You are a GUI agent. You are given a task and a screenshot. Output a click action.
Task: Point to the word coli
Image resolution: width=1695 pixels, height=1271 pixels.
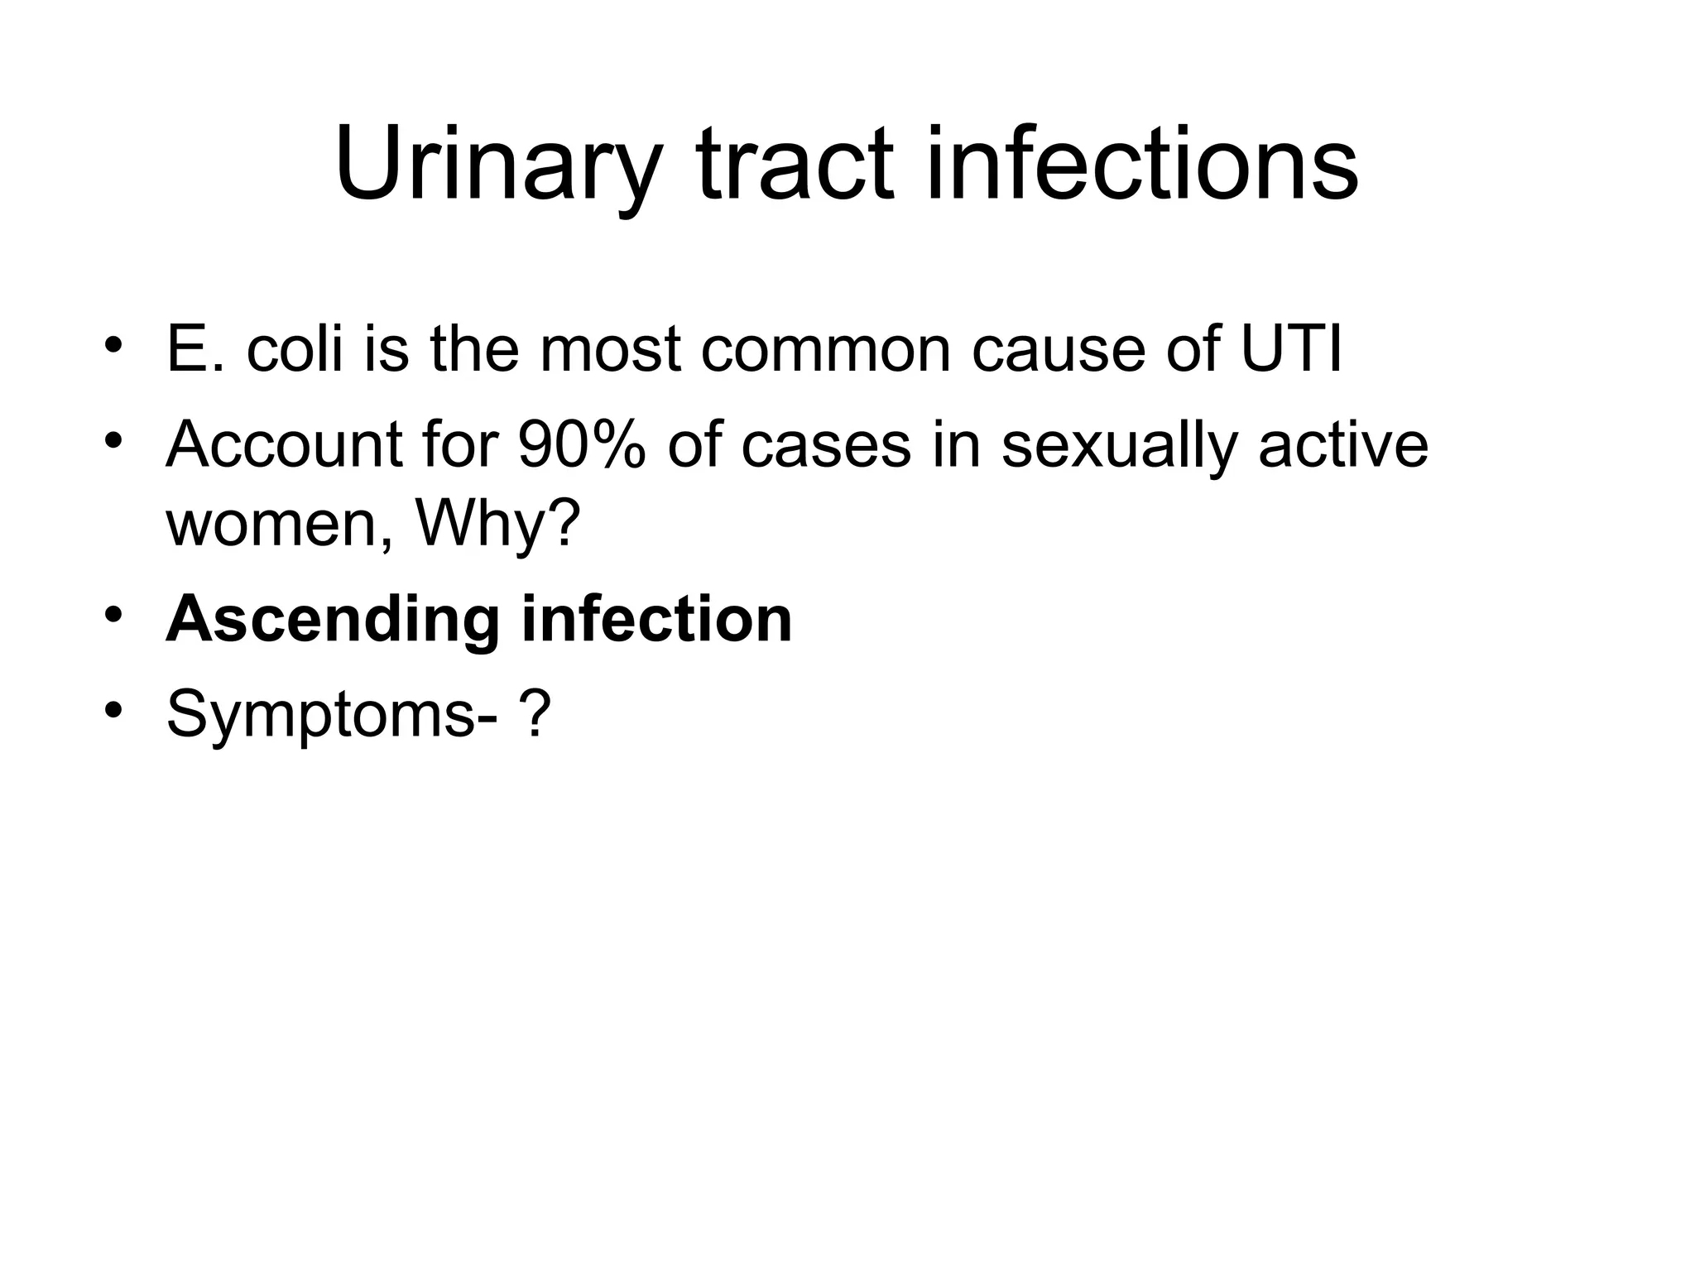point(295,349)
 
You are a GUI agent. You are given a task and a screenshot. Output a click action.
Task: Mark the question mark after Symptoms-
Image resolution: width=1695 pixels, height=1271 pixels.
point(535,714)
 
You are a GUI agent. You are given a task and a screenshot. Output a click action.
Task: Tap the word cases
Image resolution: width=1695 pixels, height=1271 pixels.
point(826,445)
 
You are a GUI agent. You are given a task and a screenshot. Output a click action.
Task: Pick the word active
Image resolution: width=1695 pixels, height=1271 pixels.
point(1342,445)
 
